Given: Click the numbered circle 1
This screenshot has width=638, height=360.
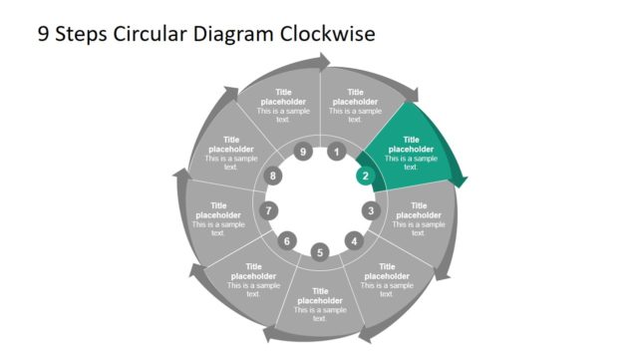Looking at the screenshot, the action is pyautogui.click(x=337, y=153).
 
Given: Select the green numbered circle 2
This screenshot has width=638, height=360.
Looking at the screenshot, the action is pyautogui.click(x=365, y=177).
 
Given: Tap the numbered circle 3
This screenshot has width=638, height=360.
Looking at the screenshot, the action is pyautogui.click(x=371, y=210).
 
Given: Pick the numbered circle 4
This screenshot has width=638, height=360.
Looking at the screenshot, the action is pyautogui.click(x=353, y=240).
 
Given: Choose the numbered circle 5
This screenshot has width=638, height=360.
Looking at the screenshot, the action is pyautogui.click(x=320, y=252).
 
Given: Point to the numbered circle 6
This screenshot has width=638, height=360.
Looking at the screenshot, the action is pyautogui.click(x=287, y=240).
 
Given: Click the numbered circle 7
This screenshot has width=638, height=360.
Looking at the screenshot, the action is pyautogui.click(x=268, y=210).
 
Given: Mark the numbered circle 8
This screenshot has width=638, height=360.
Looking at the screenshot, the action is pyautogui.click(x=274, y=177).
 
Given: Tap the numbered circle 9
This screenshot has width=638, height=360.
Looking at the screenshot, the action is pyautogui.click(x=303, y=153).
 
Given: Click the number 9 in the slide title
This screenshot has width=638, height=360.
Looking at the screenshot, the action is pyautogui.click(x=44, y=35).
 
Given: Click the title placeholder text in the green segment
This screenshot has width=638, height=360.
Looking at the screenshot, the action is pyautogui.click(x=411, y=145).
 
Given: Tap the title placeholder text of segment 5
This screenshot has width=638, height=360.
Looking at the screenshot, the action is pyautogui.click(x=320, y=295).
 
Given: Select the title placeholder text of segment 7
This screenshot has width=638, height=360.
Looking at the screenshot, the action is pyautogui.click(x=219, y=210).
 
